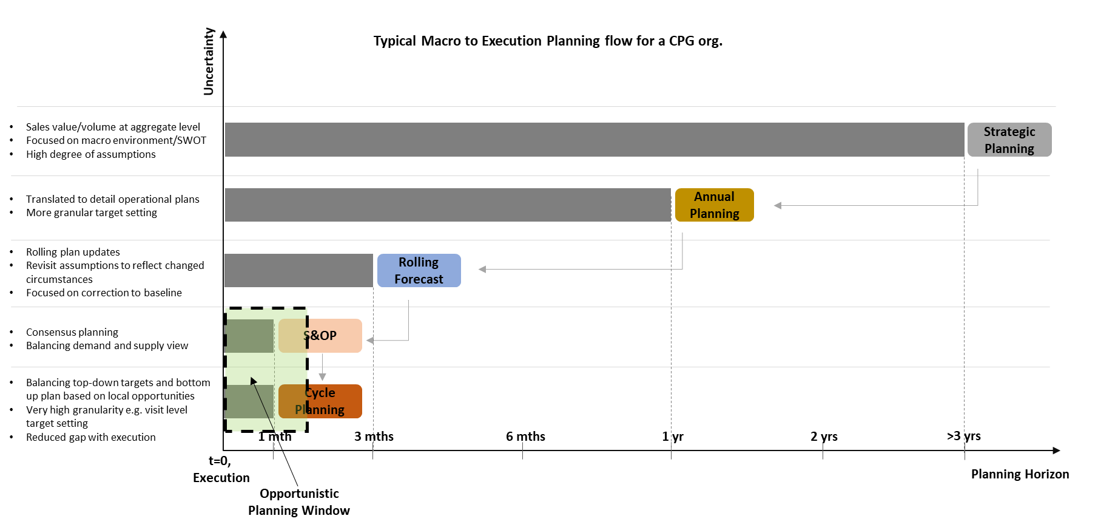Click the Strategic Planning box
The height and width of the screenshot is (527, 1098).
click(x=1009, y=140)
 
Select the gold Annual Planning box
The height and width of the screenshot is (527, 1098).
click(x=714, y=205)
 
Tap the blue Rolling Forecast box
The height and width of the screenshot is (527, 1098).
click(x=419, y=270)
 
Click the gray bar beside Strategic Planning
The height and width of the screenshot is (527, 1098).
click(x=594, y=140)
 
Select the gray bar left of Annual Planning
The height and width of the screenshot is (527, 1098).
click(x=448, y=205)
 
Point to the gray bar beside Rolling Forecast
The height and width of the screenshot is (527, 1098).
click(x=298, y=270)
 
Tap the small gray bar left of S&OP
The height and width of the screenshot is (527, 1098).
click(x=249, y=336)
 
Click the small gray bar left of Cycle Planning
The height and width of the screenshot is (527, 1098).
click(x=249, y=401)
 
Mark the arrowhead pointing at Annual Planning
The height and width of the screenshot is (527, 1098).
click(x=777, y=206)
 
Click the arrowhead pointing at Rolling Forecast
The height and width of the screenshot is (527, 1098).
click(x=482, y=269)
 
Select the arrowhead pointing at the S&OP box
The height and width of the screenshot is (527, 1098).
click(x=369, y=341)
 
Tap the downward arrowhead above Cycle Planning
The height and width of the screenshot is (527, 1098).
click(x=322, y=377)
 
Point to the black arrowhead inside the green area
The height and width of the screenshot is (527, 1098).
click(x=254, y=381)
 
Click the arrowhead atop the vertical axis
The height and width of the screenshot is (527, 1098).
click(x=223, y=34)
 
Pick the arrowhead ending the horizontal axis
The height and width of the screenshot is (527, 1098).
click(x=1056, y=450)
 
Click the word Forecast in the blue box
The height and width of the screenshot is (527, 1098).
click(x=419, y=279)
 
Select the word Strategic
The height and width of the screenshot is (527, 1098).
click(x=1009, y=132)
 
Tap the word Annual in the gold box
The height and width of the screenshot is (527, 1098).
click(x=714, y=197)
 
